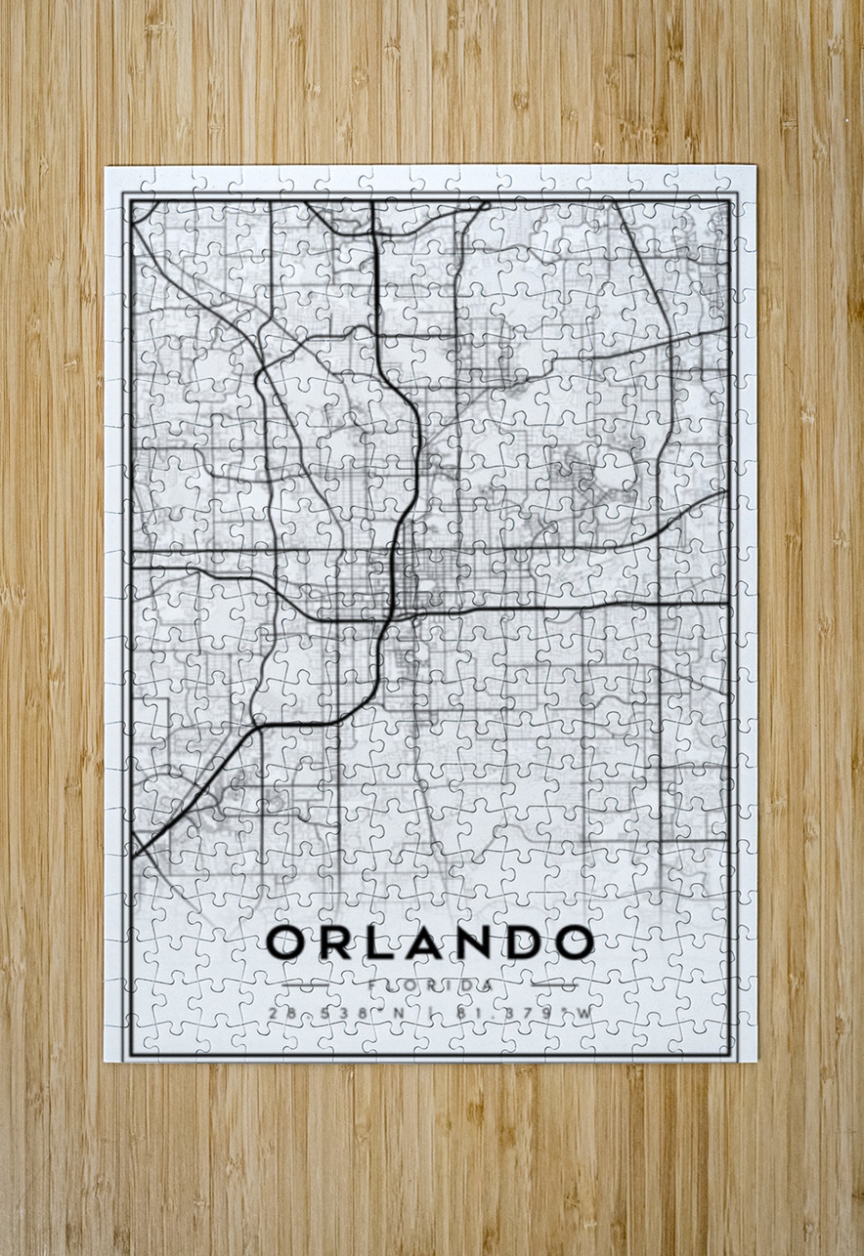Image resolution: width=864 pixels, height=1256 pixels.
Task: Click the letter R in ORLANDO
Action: (x=332, y=942)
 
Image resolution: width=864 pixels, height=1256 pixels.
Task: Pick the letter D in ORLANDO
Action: (x=517, y=942)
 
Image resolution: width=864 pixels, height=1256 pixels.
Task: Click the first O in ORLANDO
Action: (x=287, y=942)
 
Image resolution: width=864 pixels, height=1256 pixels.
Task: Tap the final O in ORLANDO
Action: (x=572, y=942)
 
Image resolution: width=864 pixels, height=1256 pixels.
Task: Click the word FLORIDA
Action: (x=430, y=985)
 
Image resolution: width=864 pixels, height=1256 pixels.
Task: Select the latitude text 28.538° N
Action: (x=336, y=1014)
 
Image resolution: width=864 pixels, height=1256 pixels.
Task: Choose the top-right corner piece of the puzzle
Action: (x=741, y=180)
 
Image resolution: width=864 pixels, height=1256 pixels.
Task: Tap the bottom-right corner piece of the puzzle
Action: (x=741, y=1047)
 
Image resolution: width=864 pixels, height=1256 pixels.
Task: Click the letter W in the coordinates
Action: (x=584, y=1014)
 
